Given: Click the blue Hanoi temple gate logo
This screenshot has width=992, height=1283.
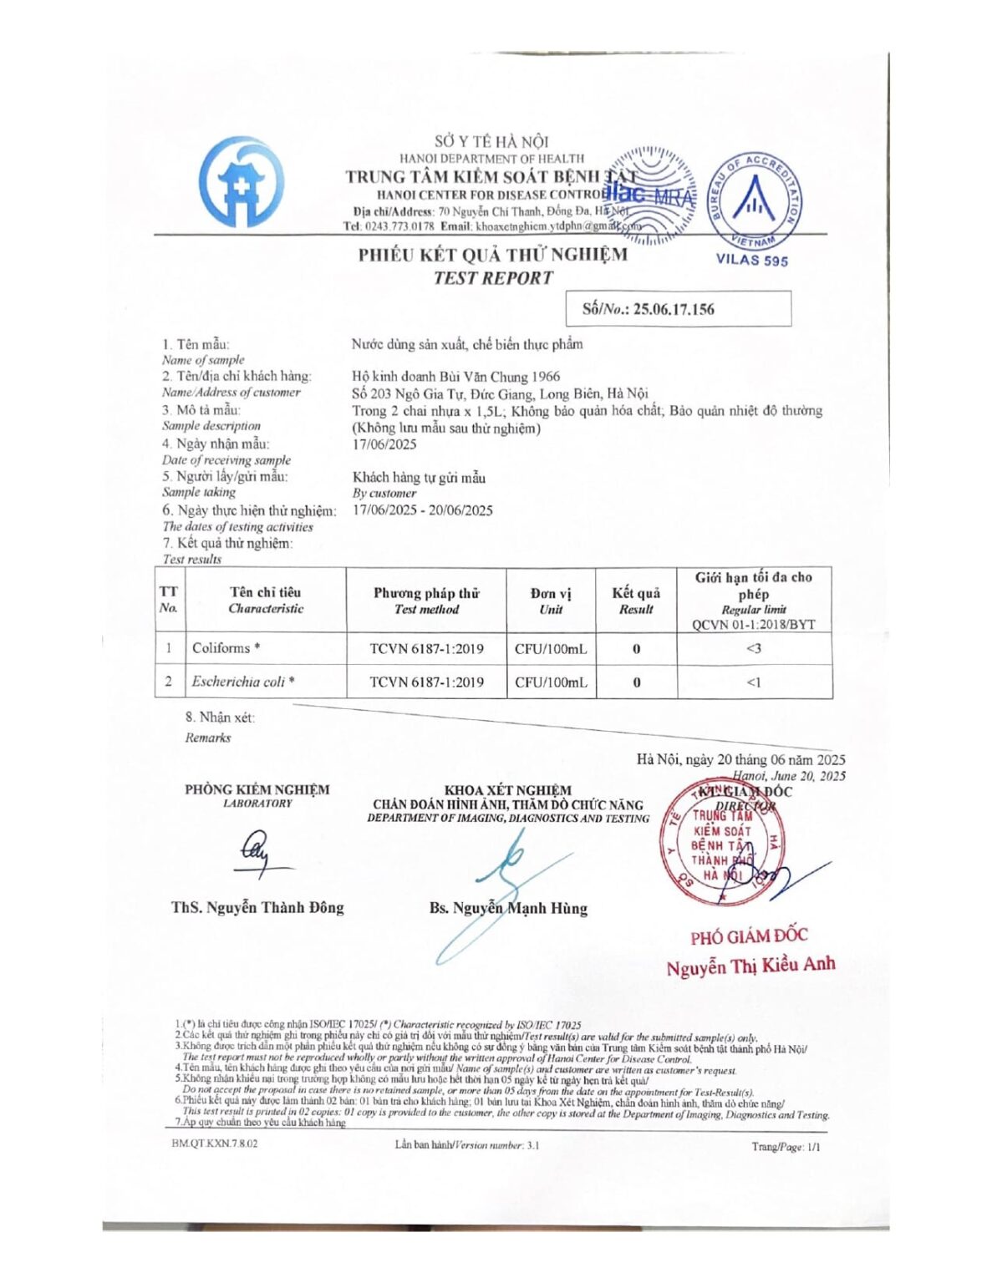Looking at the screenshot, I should pyautogui.click(x=240, y=182).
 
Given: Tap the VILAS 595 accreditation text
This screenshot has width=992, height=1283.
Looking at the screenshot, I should pyautogui.click(x=751, y=260).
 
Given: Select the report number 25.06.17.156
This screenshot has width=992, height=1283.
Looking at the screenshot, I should pyautogui.click(x=674, y=309).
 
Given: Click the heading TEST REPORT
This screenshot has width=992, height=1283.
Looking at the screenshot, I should pyautogui.click(x=493, y=279).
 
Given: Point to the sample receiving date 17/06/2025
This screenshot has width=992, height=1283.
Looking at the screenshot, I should pyautogui.click(x=384, y=444).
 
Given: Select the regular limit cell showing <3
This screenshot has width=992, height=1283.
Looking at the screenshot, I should pyautogui.click(x=754, y=649).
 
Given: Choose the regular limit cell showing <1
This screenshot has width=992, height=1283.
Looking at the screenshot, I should pyautogui.click(x=754, y=682).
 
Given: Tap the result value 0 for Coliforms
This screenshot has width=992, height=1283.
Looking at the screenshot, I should pyautogui.click(x=636, y=649).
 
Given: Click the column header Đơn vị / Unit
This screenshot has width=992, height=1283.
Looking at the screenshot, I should pyautogui.click(x=551, y=601).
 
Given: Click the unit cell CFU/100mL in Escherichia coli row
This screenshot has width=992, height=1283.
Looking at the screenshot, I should pyautogui.click(x=551, y=682).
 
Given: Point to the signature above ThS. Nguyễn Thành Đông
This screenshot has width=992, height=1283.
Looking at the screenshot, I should pyautogui.click(x=257, y=853).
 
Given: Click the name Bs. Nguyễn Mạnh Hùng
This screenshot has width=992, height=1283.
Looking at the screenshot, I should pyautogui.click(x=508, y=908).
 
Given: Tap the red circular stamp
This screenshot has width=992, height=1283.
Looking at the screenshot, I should pyautogui.click(x=724, y=842).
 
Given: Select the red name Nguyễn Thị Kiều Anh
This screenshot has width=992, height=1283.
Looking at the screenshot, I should pyautogui.click(x=750, y=966).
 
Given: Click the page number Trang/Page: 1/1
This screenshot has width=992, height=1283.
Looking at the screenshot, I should pyautogui.click(x=786, y=1147).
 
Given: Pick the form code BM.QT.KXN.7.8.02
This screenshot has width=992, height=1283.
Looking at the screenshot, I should pyautogui.click(x=215, y=1144).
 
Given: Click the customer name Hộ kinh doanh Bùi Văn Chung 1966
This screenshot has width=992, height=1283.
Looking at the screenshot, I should pyautogui.click(x=455, y=377).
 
